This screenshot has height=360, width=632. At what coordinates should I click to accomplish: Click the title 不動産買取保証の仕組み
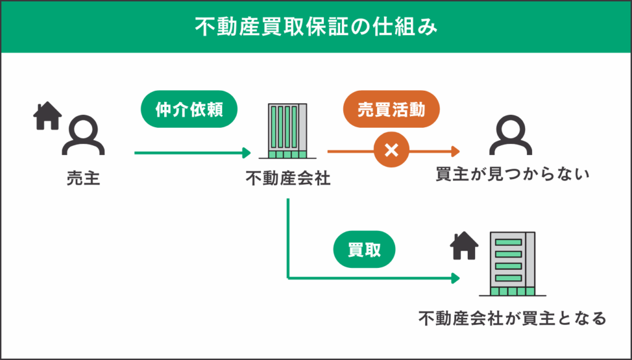click(316, 27)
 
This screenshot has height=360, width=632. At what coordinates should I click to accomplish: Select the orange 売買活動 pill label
click(391, 110)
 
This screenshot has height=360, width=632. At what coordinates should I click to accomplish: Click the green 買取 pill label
click(364, 250)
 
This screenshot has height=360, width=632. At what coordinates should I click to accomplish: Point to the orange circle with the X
click(390, 151)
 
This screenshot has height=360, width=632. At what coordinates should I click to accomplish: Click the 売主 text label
click(83, 179)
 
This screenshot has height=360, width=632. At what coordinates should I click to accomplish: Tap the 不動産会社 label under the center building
click(288, 179)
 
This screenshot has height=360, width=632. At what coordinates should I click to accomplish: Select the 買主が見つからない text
click(513, 175)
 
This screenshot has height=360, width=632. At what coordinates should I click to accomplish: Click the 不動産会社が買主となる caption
click(512, 319)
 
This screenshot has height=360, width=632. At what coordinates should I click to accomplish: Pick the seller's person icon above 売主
click(83, 136)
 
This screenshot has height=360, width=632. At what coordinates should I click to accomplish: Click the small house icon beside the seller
click(48, 115)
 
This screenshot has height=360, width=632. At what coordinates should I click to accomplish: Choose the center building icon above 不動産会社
click(288, 132)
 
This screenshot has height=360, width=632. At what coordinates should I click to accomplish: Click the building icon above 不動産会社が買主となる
click(512, 264)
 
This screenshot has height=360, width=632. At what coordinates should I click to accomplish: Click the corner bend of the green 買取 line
click(288, 278)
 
